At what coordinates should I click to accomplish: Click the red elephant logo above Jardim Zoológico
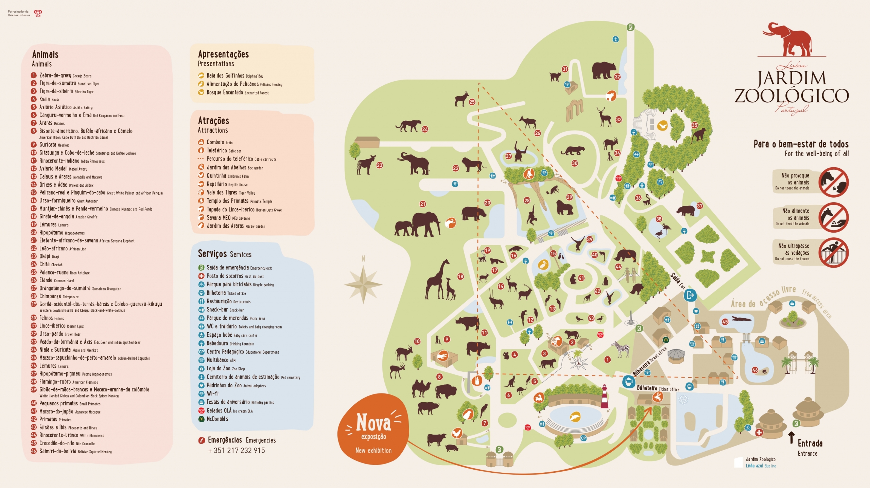[x=789, y=40]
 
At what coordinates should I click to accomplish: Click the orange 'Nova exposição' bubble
[x=373, y=430]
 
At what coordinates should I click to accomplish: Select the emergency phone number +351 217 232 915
[x=237, y=451]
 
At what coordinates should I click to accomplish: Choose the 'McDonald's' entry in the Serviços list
[x=217, y=419]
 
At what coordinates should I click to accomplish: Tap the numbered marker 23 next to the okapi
[x=380, y=165]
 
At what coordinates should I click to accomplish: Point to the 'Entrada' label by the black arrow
[x=810, y=443]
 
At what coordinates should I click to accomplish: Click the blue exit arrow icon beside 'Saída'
[x=690, y=295]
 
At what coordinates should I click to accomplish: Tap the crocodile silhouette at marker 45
[x=742, y=319]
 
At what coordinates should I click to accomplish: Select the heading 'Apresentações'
[x=223, y=54]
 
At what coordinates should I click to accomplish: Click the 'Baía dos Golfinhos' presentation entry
[x=225, y=75]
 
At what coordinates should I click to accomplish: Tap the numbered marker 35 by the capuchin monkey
[x=695, y=125]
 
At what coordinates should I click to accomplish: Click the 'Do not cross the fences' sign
[x=833, y=253]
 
